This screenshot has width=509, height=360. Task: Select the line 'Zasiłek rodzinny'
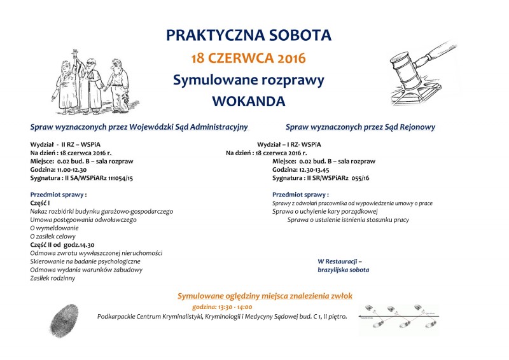point(53,278)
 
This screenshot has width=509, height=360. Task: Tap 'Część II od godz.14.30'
point(62,244)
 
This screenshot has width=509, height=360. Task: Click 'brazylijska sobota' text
point(343,270)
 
